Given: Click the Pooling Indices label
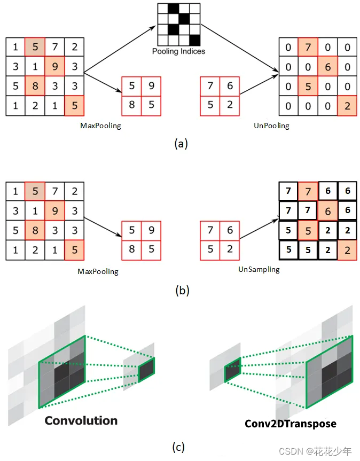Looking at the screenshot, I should point(178,52).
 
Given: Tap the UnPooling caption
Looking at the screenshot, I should point(271,126).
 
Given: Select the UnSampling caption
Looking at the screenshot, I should point(259,269).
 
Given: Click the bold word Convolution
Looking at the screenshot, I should point(81,420).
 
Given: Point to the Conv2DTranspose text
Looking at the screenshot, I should point(291,424).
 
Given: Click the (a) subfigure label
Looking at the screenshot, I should point(181,143).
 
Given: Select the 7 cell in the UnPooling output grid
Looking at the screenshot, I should point(308,48).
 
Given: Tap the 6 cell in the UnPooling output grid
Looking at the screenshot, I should point(328,67).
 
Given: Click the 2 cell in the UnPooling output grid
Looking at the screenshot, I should point(347,106).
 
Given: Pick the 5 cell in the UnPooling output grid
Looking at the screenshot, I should point(308,87).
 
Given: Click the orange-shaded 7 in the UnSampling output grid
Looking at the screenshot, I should point(308,191).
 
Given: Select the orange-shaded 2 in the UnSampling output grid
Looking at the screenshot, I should point(347,249).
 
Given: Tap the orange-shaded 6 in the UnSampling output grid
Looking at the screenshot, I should point(328,211).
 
